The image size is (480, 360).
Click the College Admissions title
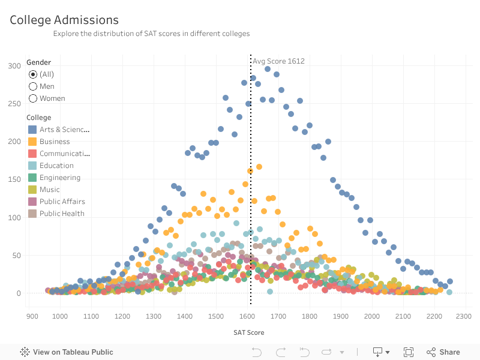click(x=64, y=20)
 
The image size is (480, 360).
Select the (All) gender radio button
click(x=33, y=74)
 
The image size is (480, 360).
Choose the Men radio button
click(x=33, y=86)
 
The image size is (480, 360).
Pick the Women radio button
click(x=33, y=98)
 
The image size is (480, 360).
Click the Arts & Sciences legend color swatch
click(x=32, y=130)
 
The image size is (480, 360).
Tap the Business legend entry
click(x=55, y=142)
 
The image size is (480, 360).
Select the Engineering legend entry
click(x=59, y=178)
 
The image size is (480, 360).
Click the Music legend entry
click(x=49, y=190)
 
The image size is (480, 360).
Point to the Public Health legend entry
click(x=62, y=214)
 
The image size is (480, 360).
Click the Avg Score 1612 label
click(x=278, y=61)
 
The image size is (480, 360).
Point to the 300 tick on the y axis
click(x=14, y=65)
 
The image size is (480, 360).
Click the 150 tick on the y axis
click(x=14, y=179)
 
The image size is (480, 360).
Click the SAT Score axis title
click(x=248, y=332)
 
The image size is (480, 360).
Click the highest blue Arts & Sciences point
click(x=268, y=69)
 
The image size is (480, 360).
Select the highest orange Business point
click(x=259, y=167)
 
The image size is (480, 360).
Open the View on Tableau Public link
click(x=67, y=352)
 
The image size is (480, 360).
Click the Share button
click(x=443, y=352)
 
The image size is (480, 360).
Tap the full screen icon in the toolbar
click(x=409, y=352)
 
